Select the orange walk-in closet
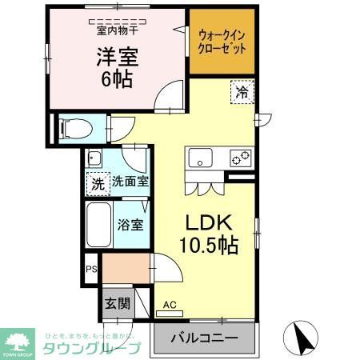point(222,41)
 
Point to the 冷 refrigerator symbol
point(242,92)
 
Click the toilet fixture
point(71,128)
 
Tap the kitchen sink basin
point(198,157)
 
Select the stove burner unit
point(238,157)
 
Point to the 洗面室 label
point(129,182)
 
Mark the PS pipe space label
point(91,270)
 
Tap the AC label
point(169,305)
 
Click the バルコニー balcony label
point(205,338)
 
